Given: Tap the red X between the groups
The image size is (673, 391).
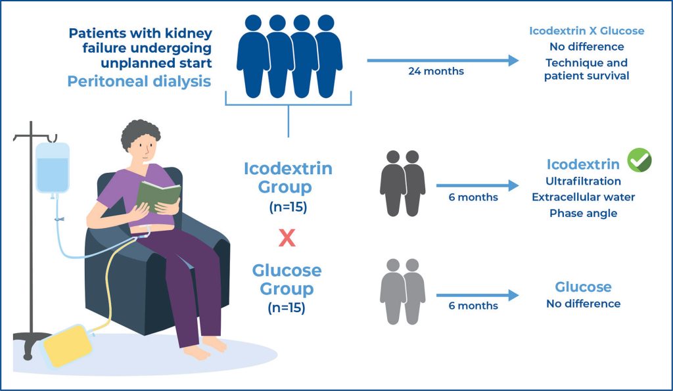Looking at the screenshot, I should coord(287,238).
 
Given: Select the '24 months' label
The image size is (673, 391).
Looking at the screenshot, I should coord(436,71).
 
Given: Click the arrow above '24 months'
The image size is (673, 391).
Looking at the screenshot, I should coord(442,60).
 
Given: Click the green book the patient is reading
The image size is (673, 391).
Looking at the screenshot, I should coord(158,195).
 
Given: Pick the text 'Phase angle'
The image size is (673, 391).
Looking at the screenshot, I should coord(583,213).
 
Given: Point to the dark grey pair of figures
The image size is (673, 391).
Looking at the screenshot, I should coord(402,183).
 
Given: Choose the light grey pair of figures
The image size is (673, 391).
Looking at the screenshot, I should coord(402,290).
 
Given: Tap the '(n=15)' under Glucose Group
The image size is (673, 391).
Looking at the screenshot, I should coord(287,307).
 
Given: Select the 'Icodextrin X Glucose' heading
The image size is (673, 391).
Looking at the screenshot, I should coord(586,31).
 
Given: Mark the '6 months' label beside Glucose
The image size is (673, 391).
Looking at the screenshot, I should coord(473,306).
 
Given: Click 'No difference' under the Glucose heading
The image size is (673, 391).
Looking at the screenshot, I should coord(583,304).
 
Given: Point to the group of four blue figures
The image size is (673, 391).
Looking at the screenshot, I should coord(289,56).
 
